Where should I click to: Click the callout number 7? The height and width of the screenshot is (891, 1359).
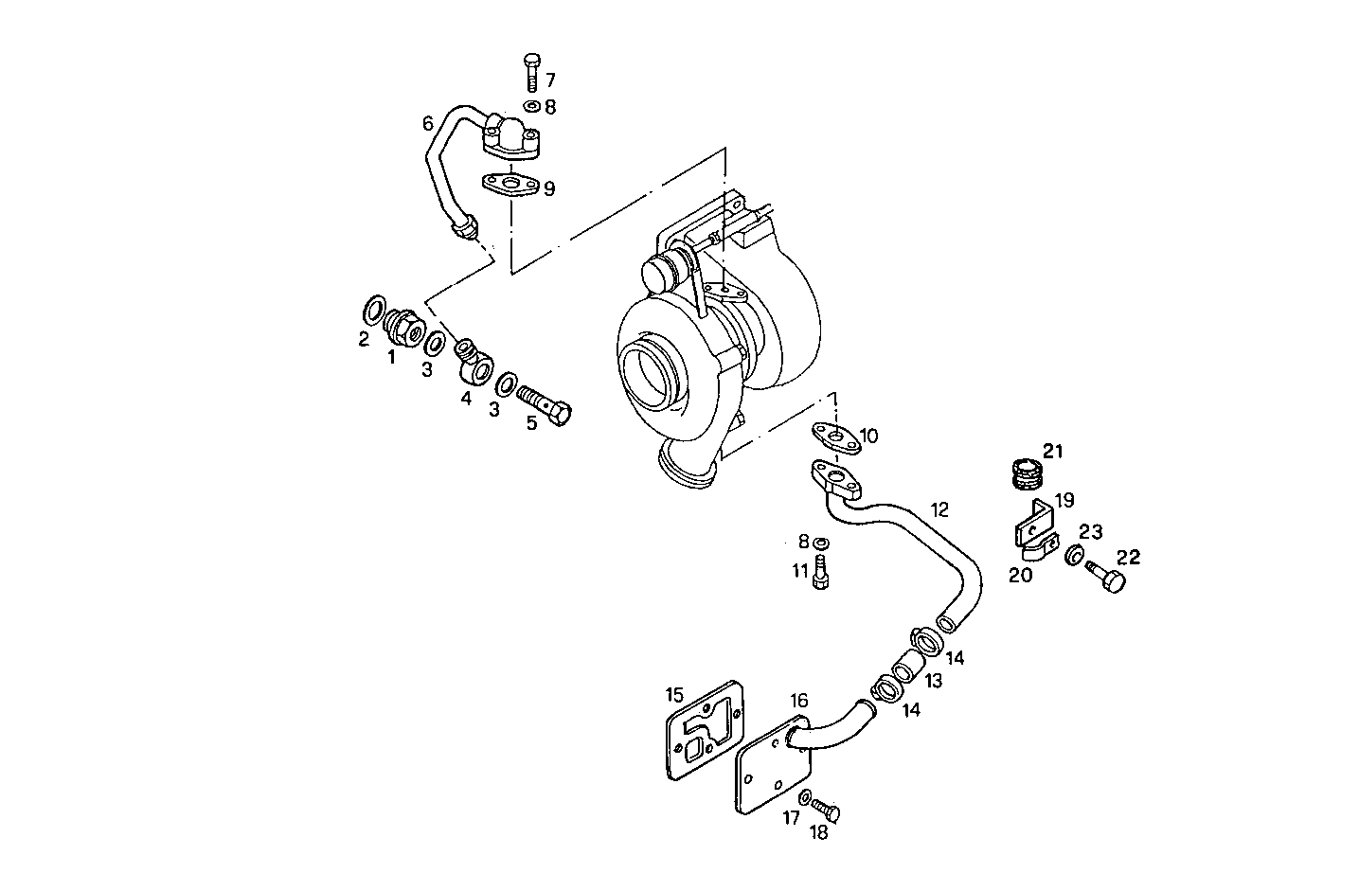click(550, 80)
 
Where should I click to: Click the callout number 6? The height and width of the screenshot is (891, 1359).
click(428, 123)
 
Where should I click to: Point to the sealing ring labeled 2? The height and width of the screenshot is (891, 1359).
click(374, 308)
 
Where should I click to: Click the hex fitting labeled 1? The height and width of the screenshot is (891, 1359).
click(403, 329)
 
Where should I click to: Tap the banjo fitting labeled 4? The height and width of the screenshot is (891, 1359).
click(474, 363)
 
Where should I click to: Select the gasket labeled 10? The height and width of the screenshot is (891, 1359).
click(834, 436)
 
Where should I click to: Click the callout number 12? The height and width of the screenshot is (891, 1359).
click(939, 509)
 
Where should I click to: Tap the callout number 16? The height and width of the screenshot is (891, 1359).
click(799, 701)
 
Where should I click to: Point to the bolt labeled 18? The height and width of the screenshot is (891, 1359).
click(826, 811)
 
